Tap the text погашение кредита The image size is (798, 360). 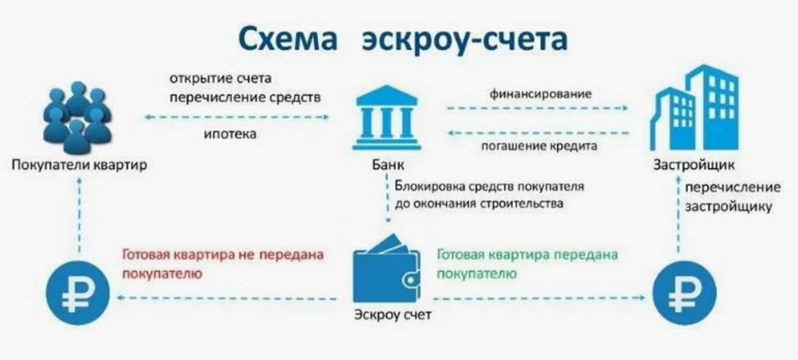(537, 147)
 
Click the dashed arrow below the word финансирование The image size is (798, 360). (537, 107)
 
